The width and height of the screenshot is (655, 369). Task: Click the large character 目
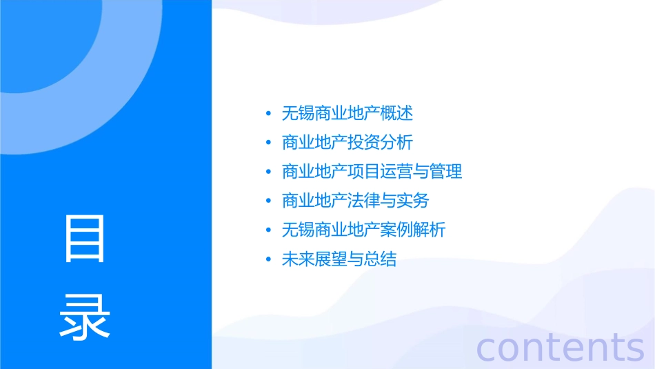(85, 239)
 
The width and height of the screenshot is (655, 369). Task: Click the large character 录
(85, 318)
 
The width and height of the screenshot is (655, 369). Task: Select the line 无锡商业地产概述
(347, 113)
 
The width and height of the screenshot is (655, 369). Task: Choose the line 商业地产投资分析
(347, 143)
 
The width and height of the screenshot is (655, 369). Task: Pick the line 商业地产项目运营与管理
(372, 172)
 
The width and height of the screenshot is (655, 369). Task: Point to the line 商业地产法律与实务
(356, 201)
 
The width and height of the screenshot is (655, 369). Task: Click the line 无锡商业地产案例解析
(364, 230)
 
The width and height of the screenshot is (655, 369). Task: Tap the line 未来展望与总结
(339, 259)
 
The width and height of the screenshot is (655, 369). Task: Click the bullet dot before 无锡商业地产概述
(268, 114)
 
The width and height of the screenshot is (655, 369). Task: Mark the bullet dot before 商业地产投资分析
(268, 143)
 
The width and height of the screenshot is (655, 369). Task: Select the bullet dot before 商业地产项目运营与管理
(268, 172)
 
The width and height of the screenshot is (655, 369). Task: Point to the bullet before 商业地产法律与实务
(268, 201)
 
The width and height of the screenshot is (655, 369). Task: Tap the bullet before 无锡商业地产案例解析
(268, 230)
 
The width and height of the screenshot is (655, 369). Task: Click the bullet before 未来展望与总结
(268, 260)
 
